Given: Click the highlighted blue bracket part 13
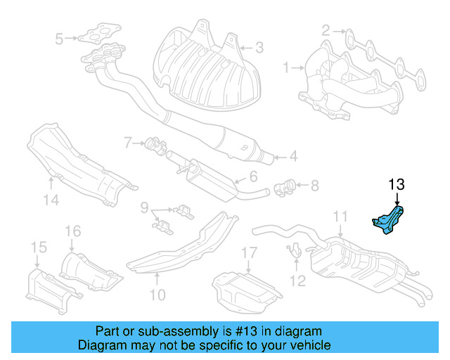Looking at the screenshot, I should (x=389, y=219).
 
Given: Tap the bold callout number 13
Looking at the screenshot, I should (x=397, y=185).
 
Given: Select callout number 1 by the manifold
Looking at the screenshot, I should (x=287, y=68).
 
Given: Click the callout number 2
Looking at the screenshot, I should (x=326, y=30).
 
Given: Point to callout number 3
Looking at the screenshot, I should (x=259, y=48).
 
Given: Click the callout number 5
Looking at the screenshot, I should (x=59, y=37).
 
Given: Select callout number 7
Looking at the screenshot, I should (x=129, y=143).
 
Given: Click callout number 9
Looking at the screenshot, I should (x=144, y=208).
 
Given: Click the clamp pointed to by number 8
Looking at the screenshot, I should (x=285, y=187).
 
